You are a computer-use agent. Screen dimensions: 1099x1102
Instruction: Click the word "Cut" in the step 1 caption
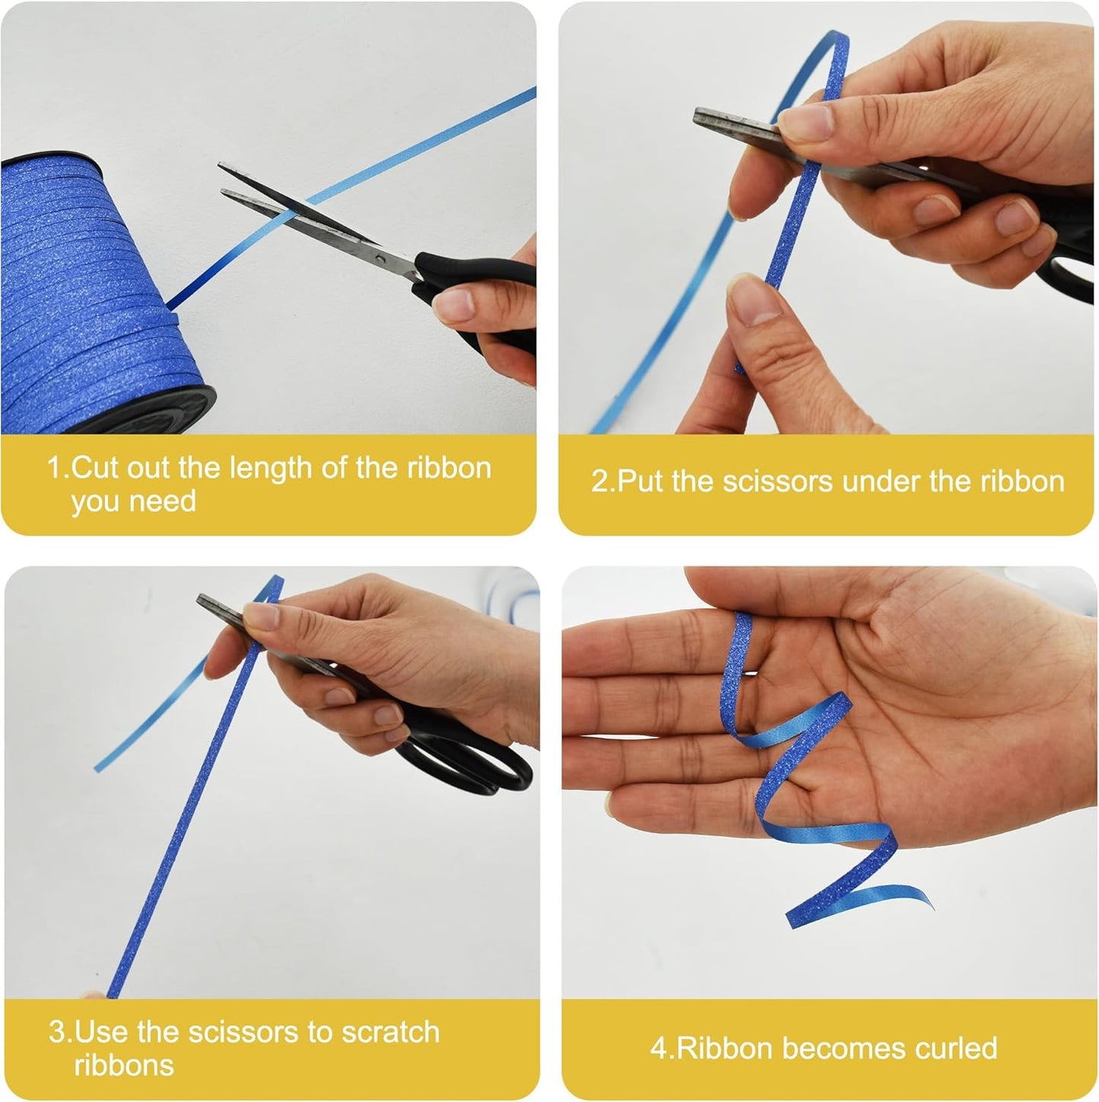coord(95,467)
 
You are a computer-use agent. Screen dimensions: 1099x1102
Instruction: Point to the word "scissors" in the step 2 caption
coord(777,482)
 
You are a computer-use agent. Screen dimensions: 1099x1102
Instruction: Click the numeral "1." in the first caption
coord(59,467)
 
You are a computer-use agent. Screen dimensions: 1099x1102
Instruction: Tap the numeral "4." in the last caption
coord(663,1048)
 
